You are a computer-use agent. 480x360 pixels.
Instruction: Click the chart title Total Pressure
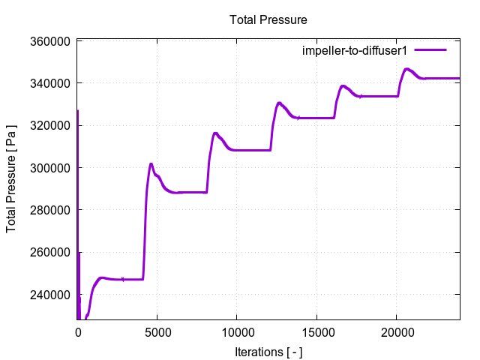[268, 19]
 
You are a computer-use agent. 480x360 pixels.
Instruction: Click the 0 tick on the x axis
[78, 331]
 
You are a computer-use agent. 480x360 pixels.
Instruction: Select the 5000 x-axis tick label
[157, 331]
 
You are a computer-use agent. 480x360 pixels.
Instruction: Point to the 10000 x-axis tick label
[237, 331]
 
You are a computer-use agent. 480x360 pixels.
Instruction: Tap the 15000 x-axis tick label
[316, 331]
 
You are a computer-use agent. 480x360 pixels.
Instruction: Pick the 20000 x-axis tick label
[396, 331]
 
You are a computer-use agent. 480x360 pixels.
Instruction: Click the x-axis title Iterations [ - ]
[268, 351]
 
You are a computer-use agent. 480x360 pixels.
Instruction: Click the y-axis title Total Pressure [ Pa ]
[12, 180]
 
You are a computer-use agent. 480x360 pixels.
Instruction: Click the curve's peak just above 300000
[151, 163]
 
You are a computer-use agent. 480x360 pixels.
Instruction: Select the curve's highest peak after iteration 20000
[407, 69]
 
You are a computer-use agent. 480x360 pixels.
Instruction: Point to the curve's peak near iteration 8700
[216, 133]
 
